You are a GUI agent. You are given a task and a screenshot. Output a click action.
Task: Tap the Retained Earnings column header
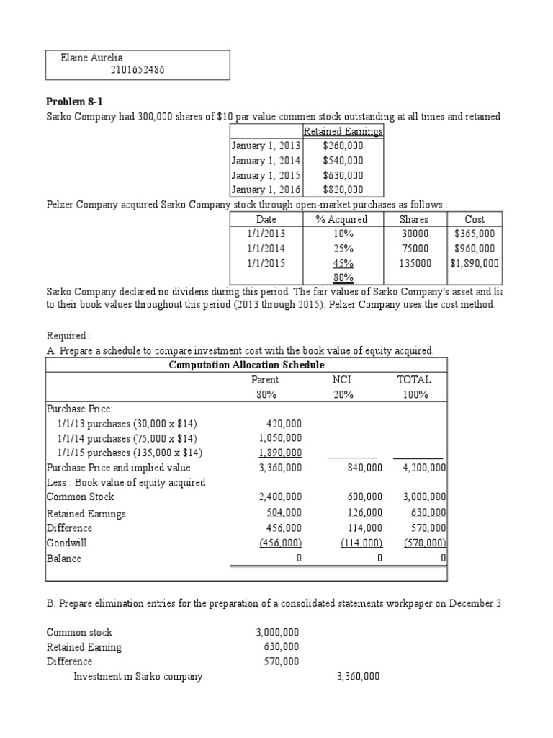pyautogui.click(x=343, y=131)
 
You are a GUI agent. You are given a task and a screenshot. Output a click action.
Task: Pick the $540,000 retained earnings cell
pyautogui.click(x=343, y=161)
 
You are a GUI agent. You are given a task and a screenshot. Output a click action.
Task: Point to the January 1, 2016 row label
pyautogui.click(x=266, y=190)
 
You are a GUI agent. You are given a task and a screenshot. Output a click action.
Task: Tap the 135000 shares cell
pyautogui.click(x=414, y=264)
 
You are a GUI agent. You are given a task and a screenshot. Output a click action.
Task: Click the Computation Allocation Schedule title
pyautogui.click(x=246, y=365)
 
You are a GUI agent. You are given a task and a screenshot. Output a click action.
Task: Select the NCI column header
pyautogui.click(x=352, y=380)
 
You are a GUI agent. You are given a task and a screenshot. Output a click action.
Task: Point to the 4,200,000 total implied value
pyautogui.click(x=423, y=468)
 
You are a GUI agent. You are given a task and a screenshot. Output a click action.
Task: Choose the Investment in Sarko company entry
pyautogui.click(x=138, y=677)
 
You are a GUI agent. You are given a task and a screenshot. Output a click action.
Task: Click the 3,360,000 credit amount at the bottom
pyautogui.click(x=358, y=677)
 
